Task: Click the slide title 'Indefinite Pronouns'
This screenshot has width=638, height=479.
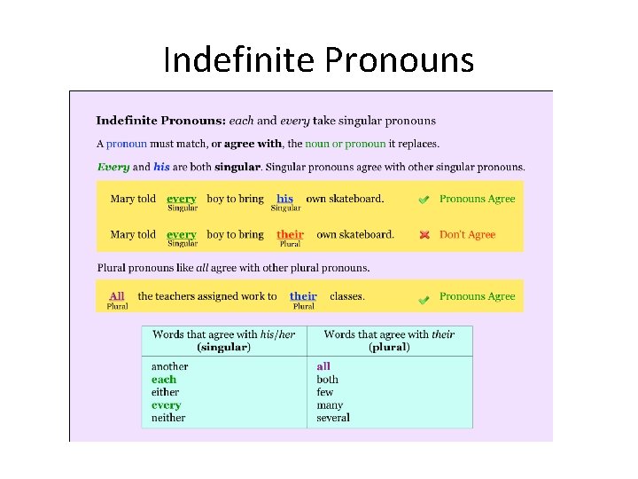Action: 319,61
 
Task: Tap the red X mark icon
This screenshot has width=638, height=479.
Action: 424,235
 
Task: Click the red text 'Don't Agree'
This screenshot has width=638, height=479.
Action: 467,235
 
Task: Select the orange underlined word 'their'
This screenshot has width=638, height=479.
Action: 290,235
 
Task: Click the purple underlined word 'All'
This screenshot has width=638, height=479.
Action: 116,296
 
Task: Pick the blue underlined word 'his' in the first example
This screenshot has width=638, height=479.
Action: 284,199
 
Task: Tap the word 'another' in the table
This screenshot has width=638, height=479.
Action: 169,366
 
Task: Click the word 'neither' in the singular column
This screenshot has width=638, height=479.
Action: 168,418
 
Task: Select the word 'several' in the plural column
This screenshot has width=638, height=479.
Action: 333,418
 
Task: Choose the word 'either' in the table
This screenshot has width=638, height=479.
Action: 165,392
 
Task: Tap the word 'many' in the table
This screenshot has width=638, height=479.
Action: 330,405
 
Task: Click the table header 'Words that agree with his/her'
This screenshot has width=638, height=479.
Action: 223,334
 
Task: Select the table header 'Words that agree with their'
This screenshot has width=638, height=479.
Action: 389,334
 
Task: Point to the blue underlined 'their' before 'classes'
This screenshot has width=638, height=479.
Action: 303,296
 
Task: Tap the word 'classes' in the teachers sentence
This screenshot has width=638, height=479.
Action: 346,296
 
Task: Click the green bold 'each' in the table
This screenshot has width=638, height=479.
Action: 164,380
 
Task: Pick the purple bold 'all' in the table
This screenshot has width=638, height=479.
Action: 323,366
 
